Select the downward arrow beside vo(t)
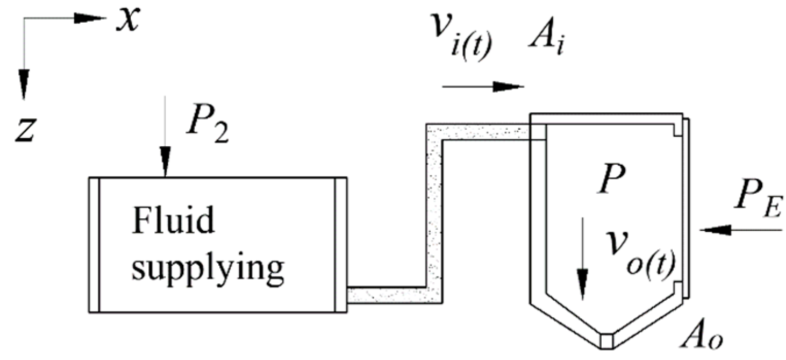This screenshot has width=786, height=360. [582, 258]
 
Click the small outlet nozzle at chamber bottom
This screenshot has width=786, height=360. [608, 340]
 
